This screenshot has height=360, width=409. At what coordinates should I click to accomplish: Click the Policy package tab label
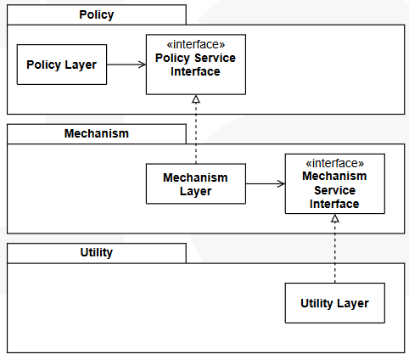point(97,14)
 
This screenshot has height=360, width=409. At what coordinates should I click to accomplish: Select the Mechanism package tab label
point(97,133)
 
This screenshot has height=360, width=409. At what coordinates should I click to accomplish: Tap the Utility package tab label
point(97,252)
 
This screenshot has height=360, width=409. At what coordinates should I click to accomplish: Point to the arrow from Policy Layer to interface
point(126,65)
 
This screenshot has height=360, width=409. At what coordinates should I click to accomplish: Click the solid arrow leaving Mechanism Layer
point(266,183)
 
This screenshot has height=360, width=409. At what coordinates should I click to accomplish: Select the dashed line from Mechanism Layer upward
point(196,129)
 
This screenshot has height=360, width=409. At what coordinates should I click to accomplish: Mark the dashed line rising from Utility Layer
point(335,248)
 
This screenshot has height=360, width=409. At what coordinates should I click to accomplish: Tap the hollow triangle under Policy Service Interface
point(196,99)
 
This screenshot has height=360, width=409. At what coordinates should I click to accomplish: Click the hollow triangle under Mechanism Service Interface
point(335,218)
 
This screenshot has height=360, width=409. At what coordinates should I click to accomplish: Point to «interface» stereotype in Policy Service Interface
point(196,44)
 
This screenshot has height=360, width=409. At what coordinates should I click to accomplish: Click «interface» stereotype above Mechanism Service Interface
point(335,163)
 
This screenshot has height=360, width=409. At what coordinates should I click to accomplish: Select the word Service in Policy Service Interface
point(216,58)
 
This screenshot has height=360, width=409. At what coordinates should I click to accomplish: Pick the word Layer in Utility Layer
point(353,303)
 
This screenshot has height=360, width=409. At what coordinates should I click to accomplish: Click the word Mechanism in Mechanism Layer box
point(195,177)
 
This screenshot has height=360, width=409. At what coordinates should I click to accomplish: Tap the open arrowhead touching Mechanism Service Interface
point(281,183)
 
